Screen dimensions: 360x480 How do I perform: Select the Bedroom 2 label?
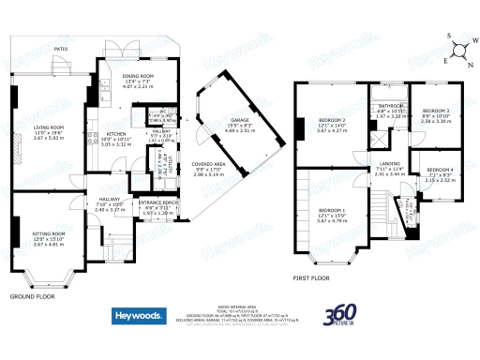(332, 122)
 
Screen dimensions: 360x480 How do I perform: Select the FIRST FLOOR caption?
(313, 278)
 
